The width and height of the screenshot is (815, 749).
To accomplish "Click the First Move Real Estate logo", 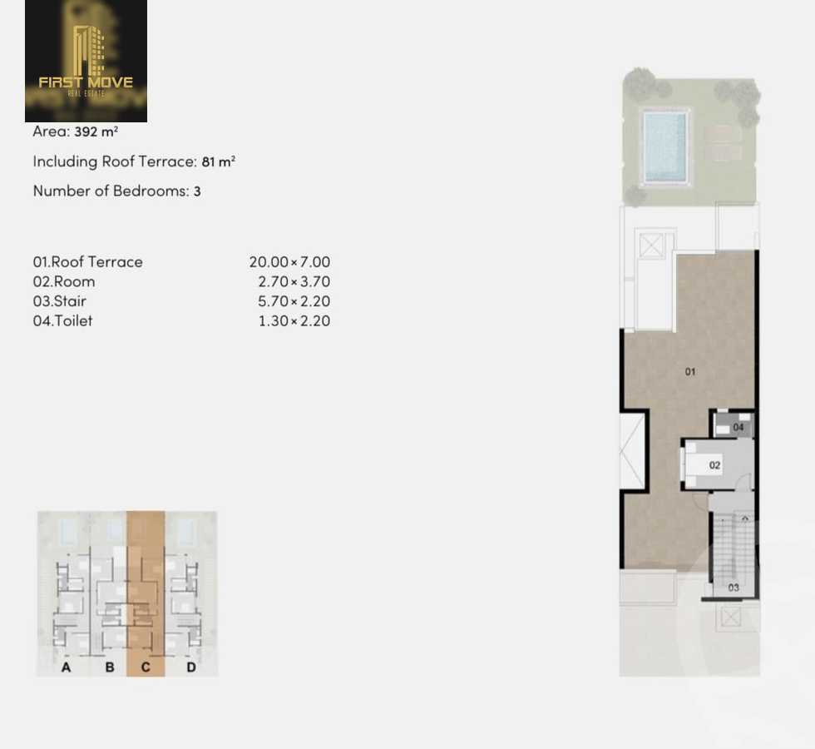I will tap(86, 62).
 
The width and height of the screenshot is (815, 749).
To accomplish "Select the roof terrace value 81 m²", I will tap(219, 161).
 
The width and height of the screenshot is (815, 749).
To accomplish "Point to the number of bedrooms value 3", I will tap(197, 191).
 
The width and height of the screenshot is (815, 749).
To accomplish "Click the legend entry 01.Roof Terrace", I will tap(88, 262).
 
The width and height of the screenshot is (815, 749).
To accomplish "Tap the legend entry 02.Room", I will tap(64, 282).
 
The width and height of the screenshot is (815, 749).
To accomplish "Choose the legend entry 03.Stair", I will tap(60, 301).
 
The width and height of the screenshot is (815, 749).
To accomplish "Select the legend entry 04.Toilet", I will tap(63, 321).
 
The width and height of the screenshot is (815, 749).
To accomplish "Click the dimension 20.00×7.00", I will tap(289, 262).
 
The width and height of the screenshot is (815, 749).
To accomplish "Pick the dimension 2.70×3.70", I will tap(294, 282).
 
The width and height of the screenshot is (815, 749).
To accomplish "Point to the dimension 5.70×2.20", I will tap(294, 301).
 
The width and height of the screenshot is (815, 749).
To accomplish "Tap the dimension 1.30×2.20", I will tap(294, 321).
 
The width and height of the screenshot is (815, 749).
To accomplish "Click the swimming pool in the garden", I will tap(665, 147).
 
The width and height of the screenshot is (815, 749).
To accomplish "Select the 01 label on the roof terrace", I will tap(690, 372).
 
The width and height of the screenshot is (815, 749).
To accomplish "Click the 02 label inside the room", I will tap(715, 465).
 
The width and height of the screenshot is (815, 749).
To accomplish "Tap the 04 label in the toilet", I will tap(738, 428).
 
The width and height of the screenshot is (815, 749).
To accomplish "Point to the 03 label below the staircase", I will tap(733, 588).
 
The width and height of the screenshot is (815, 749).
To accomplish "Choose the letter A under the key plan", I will tap(67, 667).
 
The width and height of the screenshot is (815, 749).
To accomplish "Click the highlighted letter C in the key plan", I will tap(146, 667).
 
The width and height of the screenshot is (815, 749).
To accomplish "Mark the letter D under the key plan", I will tap(191, 667).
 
